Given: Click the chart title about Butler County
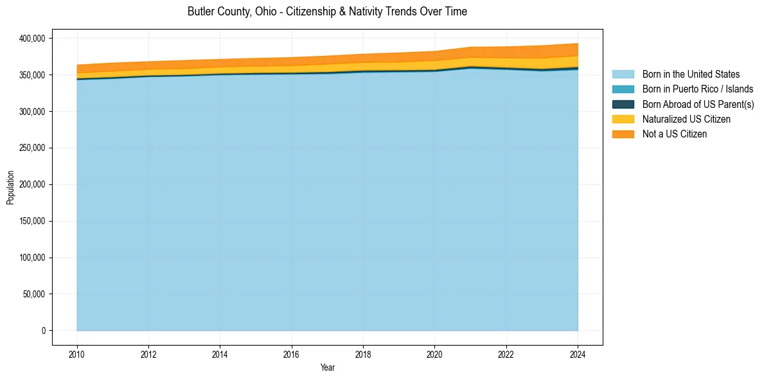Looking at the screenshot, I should coord(327,12).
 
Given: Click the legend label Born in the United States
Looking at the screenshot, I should coord(691,75).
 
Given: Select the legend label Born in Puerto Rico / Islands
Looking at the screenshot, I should coord(697,89).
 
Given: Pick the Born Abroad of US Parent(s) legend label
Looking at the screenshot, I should coord(698,104).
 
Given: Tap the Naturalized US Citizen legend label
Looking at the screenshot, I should coord(686,119).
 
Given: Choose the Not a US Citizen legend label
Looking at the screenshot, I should coord(675,134).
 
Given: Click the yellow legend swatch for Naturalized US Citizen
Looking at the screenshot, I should coord(623,119).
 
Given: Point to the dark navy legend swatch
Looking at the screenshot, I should coord(623,104).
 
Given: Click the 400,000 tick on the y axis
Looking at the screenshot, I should coord(32,39).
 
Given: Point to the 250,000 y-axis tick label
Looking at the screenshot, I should coord(32,148).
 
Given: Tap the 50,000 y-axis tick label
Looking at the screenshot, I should coord(34,294).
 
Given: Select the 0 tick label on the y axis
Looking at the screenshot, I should coord(44,331).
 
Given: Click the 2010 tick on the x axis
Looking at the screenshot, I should coord(76,353).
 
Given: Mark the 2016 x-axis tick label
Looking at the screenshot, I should coord(292,353).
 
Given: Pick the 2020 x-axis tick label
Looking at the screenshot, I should coord(434,353).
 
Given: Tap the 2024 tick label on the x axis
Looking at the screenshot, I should coord(578,353).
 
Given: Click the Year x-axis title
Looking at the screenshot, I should coord(327,367).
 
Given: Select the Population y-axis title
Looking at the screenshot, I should coord(10,187).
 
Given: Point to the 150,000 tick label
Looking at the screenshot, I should coord(32,222).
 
